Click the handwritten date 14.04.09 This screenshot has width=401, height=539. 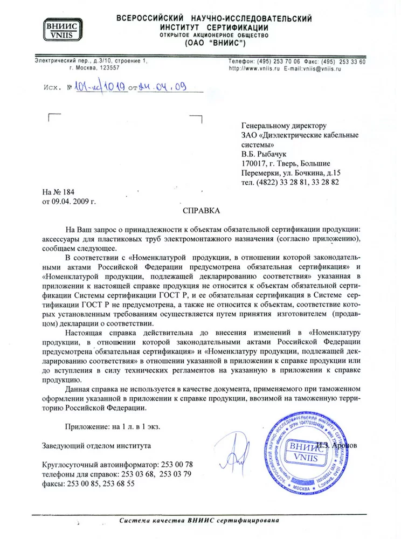pyautogui.click(x=162, y=86)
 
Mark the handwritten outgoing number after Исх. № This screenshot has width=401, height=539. pyautogui.click(x=100, y=86)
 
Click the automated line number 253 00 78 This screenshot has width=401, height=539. pyautogui.click(x=176, y=464)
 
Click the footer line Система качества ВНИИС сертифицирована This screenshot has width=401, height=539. pyautogui.click(x=199, y=521)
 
